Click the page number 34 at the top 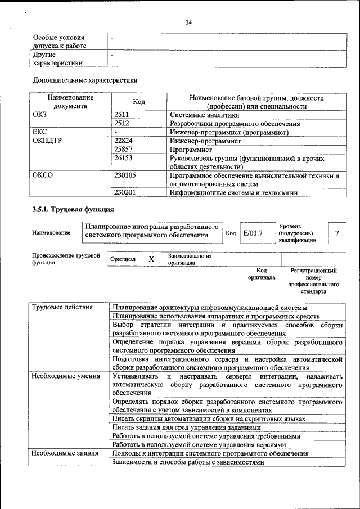[x=188, y=22]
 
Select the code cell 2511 [x=122, y=115]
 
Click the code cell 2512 [x=122, y=123]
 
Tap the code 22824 [x=124, y=141]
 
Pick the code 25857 [x=124, y=150]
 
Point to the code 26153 [x=124, y=159]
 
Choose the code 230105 [x=125, y=175]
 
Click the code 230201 [x=125, y=192]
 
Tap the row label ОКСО [x=43, y=175]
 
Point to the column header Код [x=139, y=102]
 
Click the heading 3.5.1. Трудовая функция [x=73, y=210]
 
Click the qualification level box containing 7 [x=337, y=233]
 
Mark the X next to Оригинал [x=151, y=259]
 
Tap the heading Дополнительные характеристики [x=85, y=80]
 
